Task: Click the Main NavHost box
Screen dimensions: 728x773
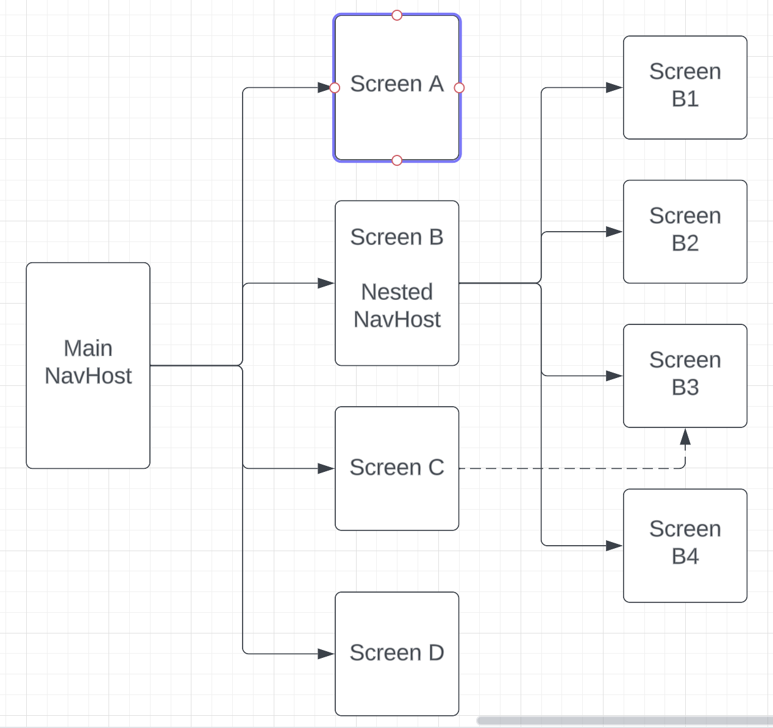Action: (x=88, y=365)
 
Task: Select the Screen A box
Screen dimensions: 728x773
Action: (x=397, y=116)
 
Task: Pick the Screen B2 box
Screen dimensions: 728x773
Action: (x=685, y=231)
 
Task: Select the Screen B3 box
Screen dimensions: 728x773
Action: (x=685, y=375)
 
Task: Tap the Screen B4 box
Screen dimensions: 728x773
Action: (x=685, y=545)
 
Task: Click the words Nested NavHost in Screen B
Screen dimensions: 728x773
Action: (x=397, y=305)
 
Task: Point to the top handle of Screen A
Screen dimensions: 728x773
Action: (x=397, y=15)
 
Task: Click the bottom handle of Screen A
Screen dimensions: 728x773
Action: (x=397, y=160)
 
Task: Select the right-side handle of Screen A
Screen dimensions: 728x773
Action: (x=460, y=88)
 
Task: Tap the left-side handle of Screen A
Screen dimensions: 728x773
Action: (x=334, y=88)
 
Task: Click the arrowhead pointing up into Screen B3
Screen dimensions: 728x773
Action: (x=685, y=437)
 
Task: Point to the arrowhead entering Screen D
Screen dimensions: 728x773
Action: (x=326, y=654)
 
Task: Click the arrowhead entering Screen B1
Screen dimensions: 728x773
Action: (x=614, y=87)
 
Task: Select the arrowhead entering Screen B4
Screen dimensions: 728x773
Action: (x=614, y=546)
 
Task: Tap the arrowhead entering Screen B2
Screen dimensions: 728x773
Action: (x=614, y=232)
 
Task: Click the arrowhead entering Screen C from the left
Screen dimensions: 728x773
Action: (x=326, y=468)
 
